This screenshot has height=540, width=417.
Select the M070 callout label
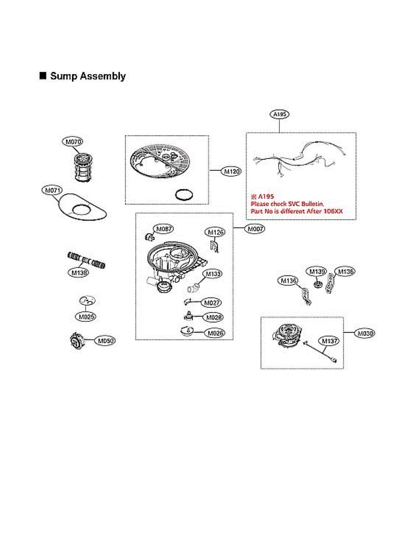[x=72, y=142]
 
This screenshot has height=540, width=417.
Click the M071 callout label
[x=52, y=191]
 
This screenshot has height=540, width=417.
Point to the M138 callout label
[x=78, y=272]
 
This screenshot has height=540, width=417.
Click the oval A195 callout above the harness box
[x=279, y=115]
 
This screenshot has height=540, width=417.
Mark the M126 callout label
[x=215, y=232]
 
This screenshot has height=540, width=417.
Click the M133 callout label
[x=214, y=273]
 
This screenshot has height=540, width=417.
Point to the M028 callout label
[x=213, y=317]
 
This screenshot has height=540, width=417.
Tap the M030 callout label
[x=364, y=333]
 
